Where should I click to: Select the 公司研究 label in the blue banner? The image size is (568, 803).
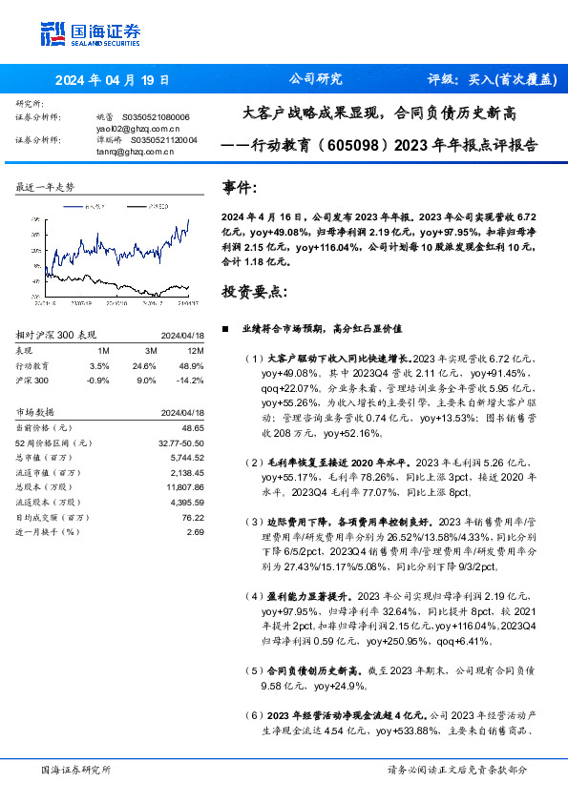(x=315, y=80)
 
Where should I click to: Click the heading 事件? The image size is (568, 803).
(x=240, y=188)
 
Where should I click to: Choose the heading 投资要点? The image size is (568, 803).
(x=253, y=290)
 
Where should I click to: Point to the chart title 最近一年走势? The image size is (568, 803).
(x=45, y=187)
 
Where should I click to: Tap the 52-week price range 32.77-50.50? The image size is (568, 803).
(x=179, y=443)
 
